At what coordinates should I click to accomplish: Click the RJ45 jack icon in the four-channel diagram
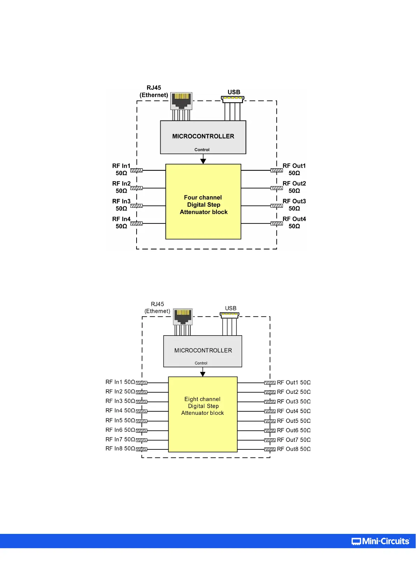[x=181, y=101]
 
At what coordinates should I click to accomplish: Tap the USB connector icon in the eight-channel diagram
[x=229, y=315]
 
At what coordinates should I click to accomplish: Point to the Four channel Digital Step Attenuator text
[x=203, y=205]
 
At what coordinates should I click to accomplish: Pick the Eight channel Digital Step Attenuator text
[x=203, y=406]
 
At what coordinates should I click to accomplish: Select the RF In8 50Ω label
[x=120, y=449]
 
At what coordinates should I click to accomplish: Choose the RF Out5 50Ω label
[x=293, y=421]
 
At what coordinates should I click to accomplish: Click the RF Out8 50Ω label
[x=293, y=449]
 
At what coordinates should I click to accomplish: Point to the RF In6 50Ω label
[x=120, y=430]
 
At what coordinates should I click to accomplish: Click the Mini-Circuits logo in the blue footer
[x=380, y=541]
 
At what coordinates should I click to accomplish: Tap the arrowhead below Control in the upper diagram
[x=203, y=161]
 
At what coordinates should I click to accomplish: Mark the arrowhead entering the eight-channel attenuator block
[x=203, y=374]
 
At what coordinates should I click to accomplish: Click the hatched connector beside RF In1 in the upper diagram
[x=137, y=170]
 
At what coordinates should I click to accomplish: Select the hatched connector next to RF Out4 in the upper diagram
[x=277, y=223]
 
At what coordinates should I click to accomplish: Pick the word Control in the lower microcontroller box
[x=201, y=363]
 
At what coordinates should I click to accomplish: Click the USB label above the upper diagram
[x=234, y=92]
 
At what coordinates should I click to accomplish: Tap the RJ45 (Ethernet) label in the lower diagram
[x=157, y=308]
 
